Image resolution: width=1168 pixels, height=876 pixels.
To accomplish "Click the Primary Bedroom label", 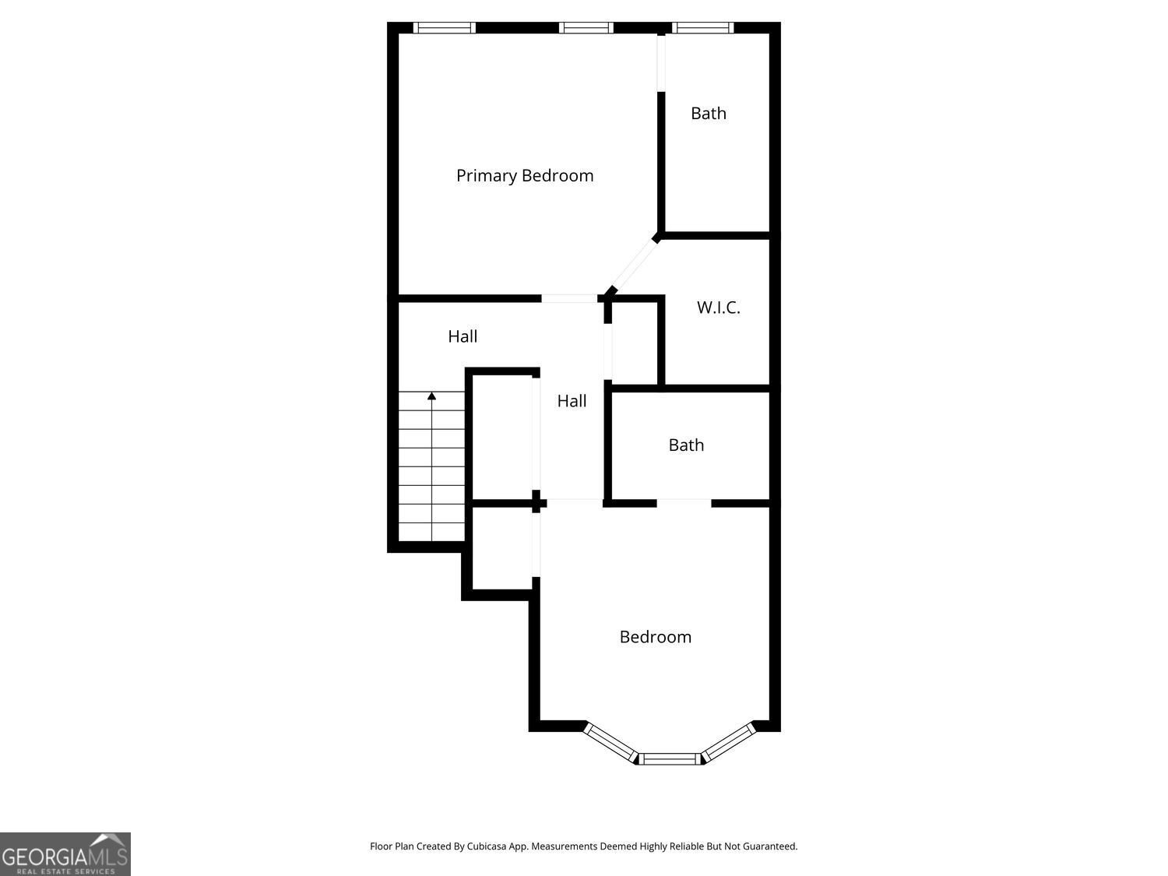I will pos(525,176).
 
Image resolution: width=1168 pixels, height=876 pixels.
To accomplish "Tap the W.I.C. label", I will pos(718,308).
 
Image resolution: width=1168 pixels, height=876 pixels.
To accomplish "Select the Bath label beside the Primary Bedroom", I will pos(709,114).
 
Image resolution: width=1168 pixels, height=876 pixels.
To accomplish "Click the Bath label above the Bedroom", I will pos(686,445).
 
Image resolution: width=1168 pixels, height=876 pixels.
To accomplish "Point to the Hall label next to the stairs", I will pos(463,336).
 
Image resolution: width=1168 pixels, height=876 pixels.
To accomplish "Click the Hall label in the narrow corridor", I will pos(572,401).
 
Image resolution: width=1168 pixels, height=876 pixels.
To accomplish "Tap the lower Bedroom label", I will pos(655,637).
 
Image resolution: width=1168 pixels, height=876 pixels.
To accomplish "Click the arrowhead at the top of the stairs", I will pos(431,396).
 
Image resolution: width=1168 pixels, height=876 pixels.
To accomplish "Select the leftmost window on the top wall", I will pos(444,28).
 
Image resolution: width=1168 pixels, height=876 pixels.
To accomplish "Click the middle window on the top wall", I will pos(586,28).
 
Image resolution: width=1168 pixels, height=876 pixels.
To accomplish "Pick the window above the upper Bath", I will pos(704,28).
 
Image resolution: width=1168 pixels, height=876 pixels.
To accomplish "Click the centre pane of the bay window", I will pos(670,758).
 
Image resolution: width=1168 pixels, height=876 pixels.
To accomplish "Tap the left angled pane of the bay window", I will pos(611,741).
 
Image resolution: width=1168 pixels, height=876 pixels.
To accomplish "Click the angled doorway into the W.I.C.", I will pos(633,265).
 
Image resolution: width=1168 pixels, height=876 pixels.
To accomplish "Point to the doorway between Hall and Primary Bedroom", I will pos(569,298).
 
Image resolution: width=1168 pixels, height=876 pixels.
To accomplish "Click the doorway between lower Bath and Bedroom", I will pos(684,503).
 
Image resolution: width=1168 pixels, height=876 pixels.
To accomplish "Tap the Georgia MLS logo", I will pos(65,854).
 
